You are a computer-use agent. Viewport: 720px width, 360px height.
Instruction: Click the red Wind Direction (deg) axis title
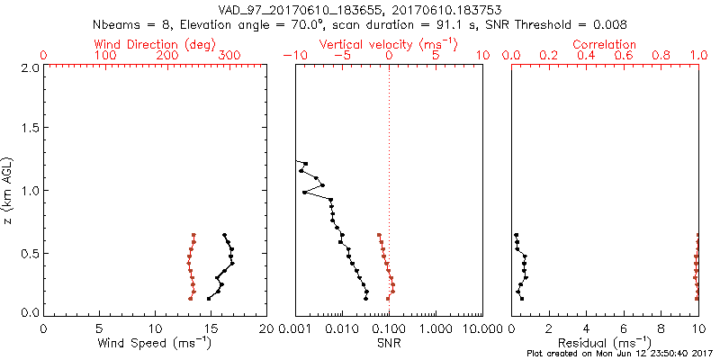(x=156, y=44)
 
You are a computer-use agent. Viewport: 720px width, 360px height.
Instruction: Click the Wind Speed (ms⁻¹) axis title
(x=156, y=343)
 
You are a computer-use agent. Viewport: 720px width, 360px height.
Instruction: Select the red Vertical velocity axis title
(x=388, y=44)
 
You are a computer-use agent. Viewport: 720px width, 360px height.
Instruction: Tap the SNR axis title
(x=389, y=343)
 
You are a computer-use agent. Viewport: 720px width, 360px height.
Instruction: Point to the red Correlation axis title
(x=605, y=44)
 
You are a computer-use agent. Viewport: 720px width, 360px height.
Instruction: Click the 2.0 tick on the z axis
(x=30, y=67)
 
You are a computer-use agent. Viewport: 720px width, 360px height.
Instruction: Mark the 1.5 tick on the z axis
(x=30, y=129)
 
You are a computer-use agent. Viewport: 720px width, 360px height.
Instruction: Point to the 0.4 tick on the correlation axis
(x=587, y=56)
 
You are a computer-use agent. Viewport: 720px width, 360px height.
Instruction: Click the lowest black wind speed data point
(x=209, y=299)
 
